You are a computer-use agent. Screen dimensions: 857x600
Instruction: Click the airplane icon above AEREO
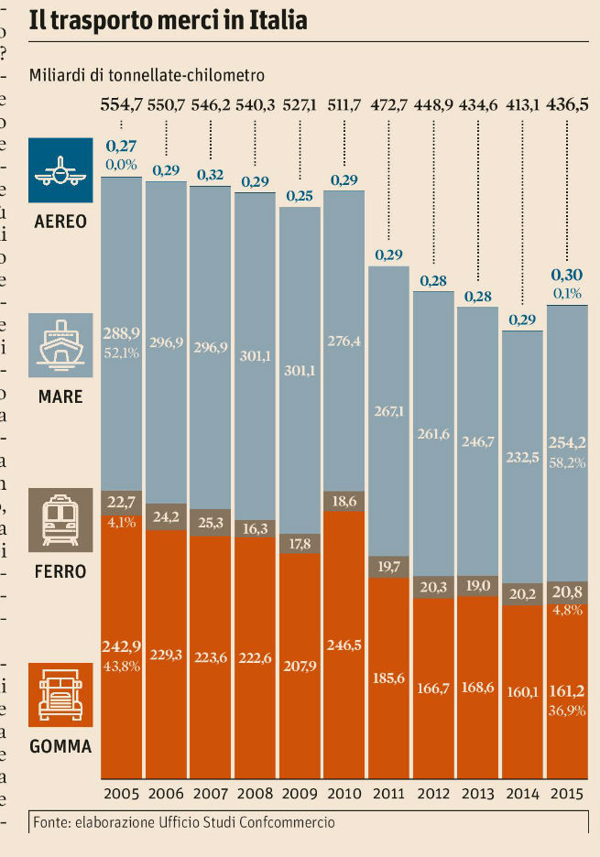click(x=61, y=170)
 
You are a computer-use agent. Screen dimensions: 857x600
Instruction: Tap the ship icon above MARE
click(x=61, y=344)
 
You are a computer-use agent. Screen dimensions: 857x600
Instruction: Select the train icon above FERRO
click(x=61, y=518)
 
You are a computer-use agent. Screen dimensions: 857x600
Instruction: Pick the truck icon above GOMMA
click(x=61, y=693)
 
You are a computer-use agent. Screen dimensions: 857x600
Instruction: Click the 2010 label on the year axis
click(x=344, y=793)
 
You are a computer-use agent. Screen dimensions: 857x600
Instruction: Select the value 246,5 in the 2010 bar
click(x=344, y=645)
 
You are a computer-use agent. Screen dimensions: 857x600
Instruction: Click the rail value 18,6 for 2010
click(x=344, y=501)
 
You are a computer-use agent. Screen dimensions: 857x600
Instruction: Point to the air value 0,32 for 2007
click(x=211, y=175)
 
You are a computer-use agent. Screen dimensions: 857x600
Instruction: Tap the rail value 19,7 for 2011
click(x=389, y=568)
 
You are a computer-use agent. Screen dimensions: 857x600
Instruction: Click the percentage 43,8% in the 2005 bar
click(x=121, y=666)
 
